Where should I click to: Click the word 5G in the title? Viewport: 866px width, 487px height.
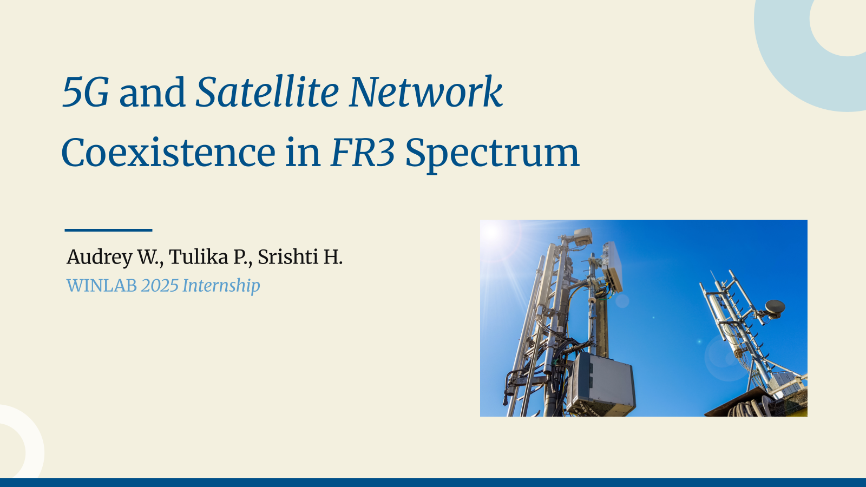pos(86,92)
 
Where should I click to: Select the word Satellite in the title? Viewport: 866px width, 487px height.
pos(267,91)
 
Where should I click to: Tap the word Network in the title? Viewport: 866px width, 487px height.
pos(425,91)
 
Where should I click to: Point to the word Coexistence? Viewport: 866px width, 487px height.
pos(168,153)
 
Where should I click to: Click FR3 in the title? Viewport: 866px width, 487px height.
pos(363,153)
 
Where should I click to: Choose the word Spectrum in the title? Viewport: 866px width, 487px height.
pos(492,155)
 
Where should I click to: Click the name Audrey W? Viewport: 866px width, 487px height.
pos(115,257)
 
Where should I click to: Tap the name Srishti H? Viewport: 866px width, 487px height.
pos(300,256)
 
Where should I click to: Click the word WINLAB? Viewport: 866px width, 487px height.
pos(102,286)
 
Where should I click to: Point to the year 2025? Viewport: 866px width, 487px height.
pos(160,286)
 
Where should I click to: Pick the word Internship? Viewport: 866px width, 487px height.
pos(221,286)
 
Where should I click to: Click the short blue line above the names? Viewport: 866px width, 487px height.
pos(108,230)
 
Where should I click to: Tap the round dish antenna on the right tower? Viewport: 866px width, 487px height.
pos(775,307)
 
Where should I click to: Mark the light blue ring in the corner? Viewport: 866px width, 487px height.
pos(781,58)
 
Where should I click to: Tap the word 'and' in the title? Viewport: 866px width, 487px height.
pos(152,93)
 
